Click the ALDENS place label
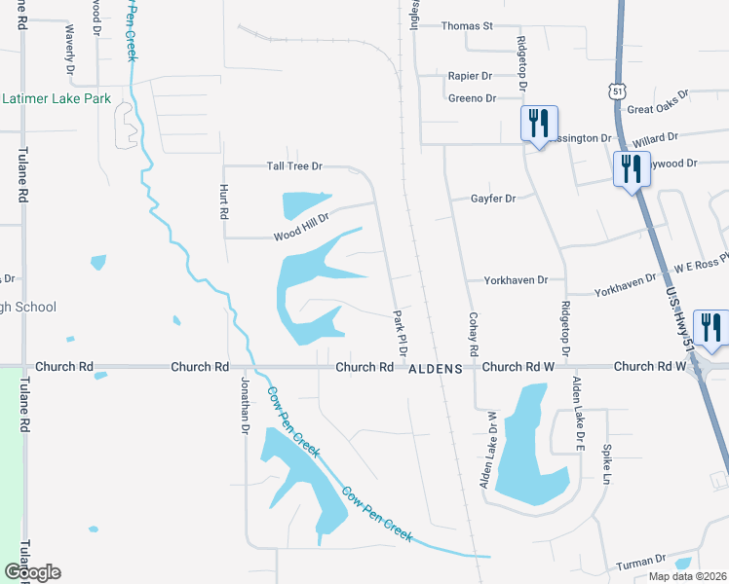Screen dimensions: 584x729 434,369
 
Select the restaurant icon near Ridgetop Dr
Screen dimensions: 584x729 538,124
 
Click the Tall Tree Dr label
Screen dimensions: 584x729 294,167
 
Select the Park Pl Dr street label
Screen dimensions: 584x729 400,332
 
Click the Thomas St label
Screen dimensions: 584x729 467,26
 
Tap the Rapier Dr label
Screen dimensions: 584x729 470,75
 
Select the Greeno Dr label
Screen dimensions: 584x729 472,98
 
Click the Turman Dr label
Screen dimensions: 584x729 640,562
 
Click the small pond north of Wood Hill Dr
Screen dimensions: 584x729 302,204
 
